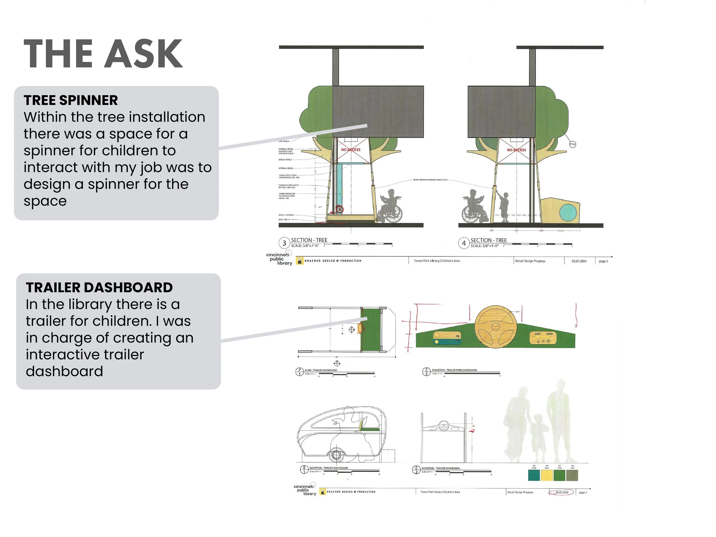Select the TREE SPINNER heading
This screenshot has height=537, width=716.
pyautogui.click(x=70, y=100)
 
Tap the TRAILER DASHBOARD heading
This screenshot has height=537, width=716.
pyautogui.click(x=99, y=288)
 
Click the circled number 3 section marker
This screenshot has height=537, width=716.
pyautogui.click(x=284, y=243)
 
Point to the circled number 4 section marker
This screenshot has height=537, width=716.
pyautogui.click(x=463, y=243)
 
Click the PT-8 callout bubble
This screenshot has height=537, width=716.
pyautogui.click(x=572, y=144)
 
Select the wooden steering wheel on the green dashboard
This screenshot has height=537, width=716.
pyautogui.click(x=495, y=327)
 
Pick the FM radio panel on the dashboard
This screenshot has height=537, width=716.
pyautogui.click(x=447, y=338)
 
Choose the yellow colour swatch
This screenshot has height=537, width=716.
pyautogui.click(x=547, y=475)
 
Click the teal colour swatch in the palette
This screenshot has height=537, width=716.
pyautogui.click(x=534, y=475)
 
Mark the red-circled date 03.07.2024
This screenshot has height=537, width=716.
pyautogui.click(x=562, y=492)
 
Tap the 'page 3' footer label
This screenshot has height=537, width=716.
pyautogui.click(x=603, y=261)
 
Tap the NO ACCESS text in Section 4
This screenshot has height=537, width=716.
pyautogui.click(x=516, y=150)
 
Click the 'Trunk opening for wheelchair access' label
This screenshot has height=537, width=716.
pyautogui.click(x=430, y=180)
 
